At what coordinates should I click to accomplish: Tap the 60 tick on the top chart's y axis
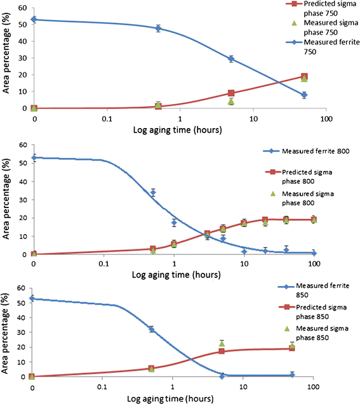point(24,8)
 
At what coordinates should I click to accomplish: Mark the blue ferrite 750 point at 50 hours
point(305,95)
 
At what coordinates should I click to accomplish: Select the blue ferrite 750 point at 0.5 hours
point(158,28)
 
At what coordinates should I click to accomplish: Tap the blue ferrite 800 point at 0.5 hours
point(152,192)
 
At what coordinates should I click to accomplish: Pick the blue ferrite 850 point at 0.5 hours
point(151,329)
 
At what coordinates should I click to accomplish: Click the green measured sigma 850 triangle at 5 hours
point(222,343)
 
